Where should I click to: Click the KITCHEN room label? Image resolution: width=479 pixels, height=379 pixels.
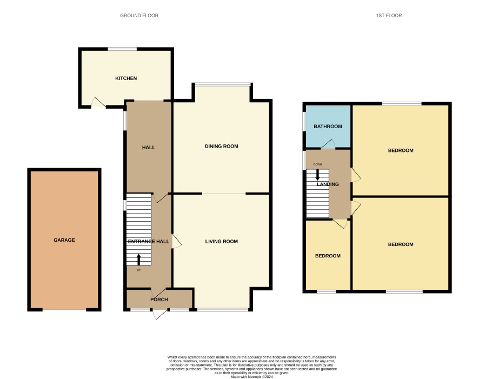[x=126, y=78]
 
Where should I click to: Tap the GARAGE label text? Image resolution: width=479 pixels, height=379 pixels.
[x=64, y=240]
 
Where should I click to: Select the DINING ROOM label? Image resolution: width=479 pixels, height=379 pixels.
[x=222, y=147]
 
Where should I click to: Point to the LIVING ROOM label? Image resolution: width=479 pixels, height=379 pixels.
[x=222, y=242]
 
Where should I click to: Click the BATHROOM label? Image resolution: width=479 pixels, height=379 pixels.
[x=328, y=127]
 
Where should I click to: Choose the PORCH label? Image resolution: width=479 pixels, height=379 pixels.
[x=159, y=300]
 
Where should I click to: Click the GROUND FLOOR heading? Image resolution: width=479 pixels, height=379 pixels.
[x=139, y=16]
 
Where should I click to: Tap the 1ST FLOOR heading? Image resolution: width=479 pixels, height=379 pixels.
[x=389, y=16]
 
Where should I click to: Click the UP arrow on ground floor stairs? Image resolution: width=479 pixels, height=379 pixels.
[x=139, y=260]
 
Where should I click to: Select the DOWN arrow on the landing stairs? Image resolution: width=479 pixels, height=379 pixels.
[x=318, y=175]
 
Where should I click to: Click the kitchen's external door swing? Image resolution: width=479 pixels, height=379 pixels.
[x=98, y=103]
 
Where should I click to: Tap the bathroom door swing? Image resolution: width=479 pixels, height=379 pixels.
[x=328, y=144]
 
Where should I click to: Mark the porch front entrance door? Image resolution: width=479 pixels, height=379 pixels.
[x=160, y=314]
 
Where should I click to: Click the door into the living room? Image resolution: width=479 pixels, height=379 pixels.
[x=177, y=241]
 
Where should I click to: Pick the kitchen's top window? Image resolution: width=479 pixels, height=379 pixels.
[x=122, y=49]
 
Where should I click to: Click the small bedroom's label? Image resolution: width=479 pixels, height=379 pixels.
[x=328, y=256]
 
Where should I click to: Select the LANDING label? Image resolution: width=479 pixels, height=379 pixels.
[x=328, y=184]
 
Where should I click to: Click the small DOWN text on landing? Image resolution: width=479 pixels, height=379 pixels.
[x=318, y=164]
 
